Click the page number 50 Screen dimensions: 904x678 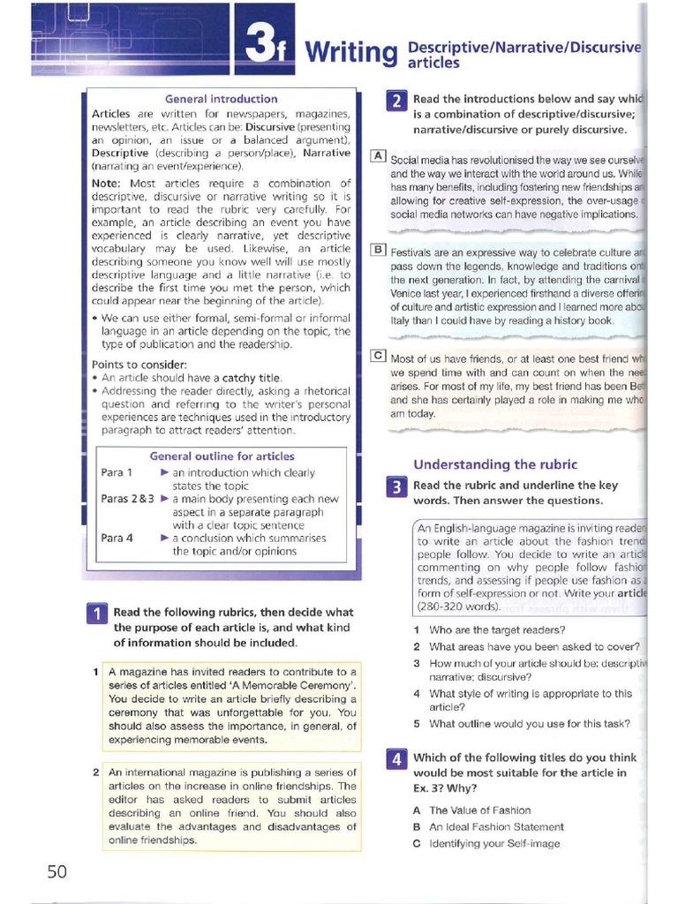click(56, 870)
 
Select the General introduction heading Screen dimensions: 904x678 click(222, 99)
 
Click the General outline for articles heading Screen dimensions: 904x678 click(222, 456)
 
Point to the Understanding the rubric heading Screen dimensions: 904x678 click(495, 464)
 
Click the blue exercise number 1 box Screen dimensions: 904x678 click(96, 614)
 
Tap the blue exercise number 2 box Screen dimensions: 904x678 click(396, 99)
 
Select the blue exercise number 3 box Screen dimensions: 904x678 click(396, 487)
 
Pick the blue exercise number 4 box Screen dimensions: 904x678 click(396, 759)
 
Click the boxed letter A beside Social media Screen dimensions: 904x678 click(378, 156)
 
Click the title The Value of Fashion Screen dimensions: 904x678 click(479, 810)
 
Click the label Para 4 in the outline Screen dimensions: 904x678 click(117, 538)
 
